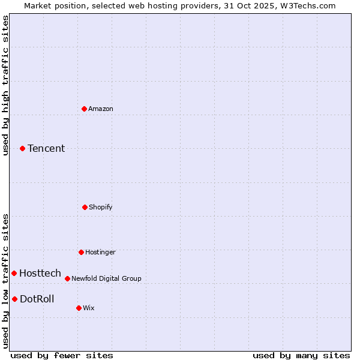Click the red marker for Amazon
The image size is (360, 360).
(84, 109)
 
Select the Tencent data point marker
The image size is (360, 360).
(22, 148)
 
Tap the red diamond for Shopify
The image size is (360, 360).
(85, 207)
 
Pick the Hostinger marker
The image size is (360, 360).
(81, 252)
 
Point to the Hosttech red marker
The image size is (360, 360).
(14, 273)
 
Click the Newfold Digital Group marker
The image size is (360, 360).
(67, 278)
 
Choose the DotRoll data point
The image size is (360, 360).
(14, 299)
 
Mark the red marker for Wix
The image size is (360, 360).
(79, 308)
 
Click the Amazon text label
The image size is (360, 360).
(101, 109)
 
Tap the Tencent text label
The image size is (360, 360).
(46, 148)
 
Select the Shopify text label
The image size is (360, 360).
(101, 207)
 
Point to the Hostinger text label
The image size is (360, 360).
(100, 252)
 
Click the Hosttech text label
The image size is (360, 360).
(40, 273)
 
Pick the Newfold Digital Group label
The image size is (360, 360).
(106, 278)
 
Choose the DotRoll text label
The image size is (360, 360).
(37, 299)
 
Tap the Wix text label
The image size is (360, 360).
(89, 308)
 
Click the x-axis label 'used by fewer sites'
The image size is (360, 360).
(62, 355)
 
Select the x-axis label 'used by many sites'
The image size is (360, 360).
(301, 355)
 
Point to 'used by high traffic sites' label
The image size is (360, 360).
(6, 85)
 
